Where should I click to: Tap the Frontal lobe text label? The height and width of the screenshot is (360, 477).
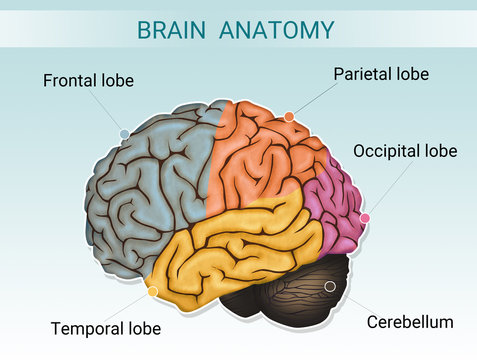(88, 80)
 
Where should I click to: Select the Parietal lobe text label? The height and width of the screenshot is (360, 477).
(381, 74)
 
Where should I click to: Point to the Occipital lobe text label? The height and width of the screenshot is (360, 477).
(405, 151)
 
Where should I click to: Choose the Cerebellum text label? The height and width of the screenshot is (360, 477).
(410, 322)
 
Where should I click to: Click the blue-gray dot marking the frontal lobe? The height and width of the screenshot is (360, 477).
(124, 133)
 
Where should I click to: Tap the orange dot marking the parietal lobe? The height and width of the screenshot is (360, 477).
(289, 117)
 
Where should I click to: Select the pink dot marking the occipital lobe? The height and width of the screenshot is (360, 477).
(365, 218)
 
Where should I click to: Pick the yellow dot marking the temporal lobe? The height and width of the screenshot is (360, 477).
(152, 292)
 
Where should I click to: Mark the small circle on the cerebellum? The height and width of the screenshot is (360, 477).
(330, 286)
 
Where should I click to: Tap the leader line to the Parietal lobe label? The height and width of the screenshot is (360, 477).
(310, 101)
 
